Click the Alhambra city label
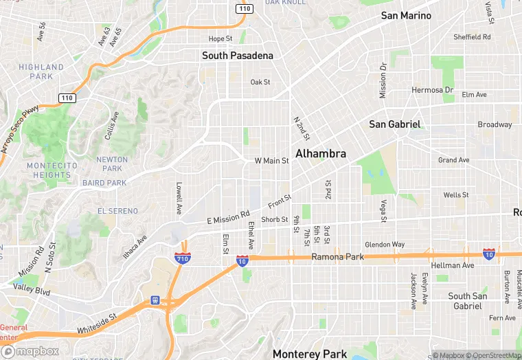point(320,153)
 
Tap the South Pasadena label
point(237,55)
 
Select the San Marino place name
point(406,15)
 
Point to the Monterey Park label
point(310,354)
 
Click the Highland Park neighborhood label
point(41,71)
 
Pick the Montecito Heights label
point(48,170)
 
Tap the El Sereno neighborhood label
point(117,211)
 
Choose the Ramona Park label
point(337,257)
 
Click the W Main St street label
point(271,161)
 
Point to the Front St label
point(280,201)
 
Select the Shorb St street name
point(274,219)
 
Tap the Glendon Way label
point(385,245)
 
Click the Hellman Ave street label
point(452,265)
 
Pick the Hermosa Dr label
point(432,90)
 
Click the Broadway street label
point(495,124)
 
